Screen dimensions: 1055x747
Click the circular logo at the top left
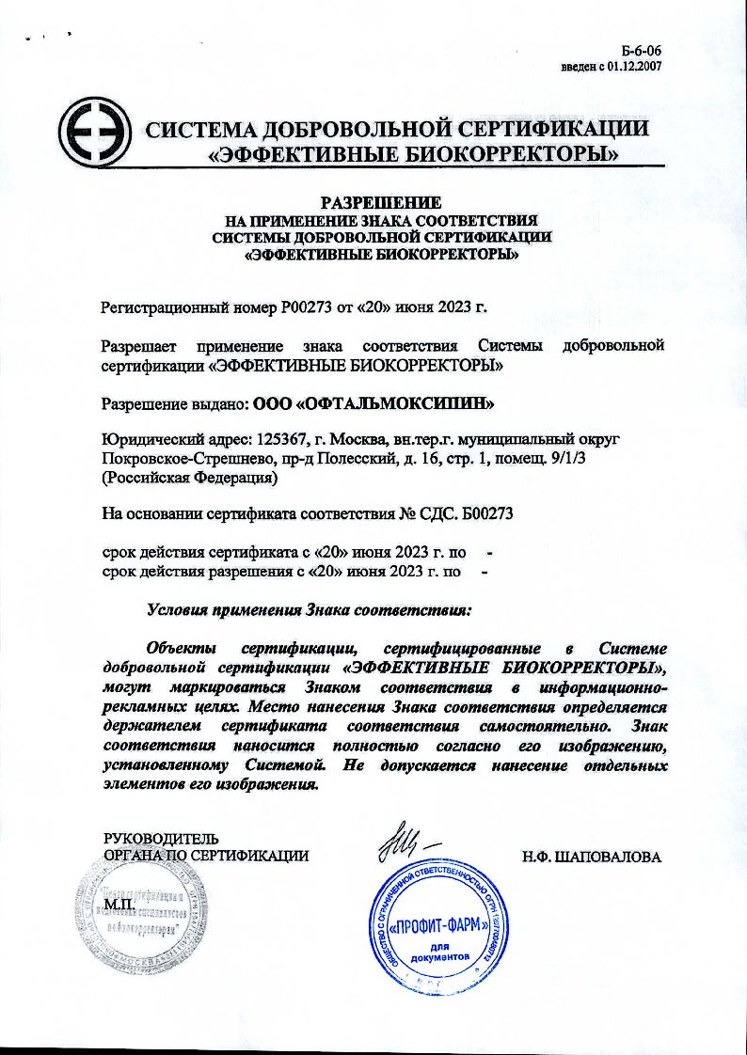point(94,140)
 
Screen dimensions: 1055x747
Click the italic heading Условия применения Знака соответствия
point(310,609)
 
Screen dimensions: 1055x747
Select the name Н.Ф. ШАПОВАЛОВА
point(592,858)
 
